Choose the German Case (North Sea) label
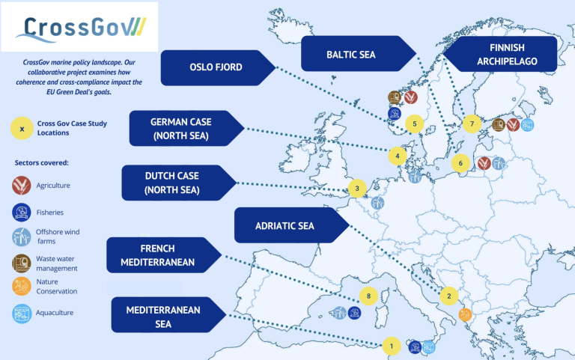pos(179,129)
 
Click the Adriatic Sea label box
pos(285,225)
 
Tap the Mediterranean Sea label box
pos(158,314)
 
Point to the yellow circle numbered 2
pos(448,296)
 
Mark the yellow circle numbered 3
pos(357,189)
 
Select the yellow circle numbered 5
pos(413,123)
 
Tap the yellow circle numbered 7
pos(472,123)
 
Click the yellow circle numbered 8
pos(368,296)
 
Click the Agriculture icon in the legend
pos(22,185)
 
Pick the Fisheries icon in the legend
pos(22,212)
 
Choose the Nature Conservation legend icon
pos(22,286)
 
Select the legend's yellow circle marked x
pos(22,128)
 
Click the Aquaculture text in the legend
pos(55,313)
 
